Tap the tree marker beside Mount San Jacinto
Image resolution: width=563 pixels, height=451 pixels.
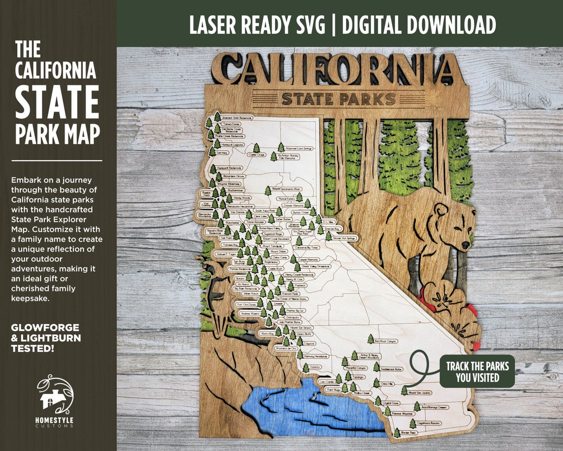(403, 390)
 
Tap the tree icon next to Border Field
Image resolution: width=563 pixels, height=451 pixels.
(397, 433)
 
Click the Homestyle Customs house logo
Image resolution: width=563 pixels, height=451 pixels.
(54, 395)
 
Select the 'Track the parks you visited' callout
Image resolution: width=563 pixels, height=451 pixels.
(477, 371)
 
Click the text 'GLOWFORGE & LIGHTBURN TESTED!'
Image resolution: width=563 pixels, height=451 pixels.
(46, 337)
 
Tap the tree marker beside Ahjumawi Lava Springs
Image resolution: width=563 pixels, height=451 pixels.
(281, 147)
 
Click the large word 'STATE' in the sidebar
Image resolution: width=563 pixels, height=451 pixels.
(57, 103)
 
